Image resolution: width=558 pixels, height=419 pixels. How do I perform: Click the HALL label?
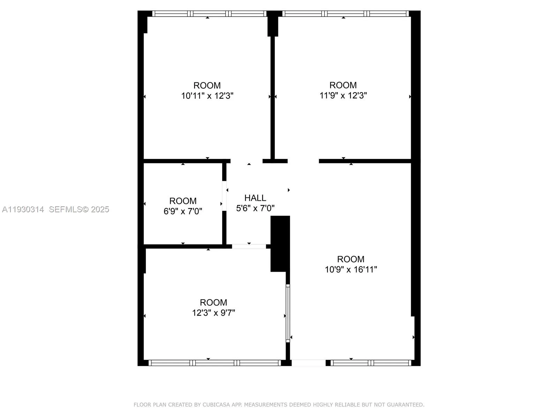tap(255, 198)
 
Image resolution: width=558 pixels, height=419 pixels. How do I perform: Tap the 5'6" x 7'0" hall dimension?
tap(255, 208)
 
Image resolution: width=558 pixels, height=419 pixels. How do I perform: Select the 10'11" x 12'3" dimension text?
tap(207, 96)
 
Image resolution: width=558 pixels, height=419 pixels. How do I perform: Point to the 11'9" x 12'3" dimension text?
tap(343, 95)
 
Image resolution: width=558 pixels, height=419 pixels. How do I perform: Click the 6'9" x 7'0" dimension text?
tap(183, 211)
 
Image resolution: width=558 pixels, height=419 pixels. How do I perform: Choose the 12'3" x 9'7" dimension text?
tap(213, 313)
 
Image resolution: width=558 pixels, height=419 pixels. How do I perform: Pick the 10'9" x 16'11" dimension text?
tap(351, 269)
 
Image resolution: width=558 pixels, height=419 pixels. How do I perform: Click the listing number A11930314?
tap(23, 209)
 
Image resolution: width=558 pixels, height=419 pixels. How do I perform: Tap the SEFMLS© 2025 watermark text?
tap(79, 209)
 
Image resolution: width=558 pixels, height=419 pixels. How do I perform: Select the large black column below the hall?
tap(280, 243)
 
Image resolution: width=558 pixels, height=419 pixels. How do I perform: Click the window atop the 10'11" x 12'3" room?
tap(210, 14)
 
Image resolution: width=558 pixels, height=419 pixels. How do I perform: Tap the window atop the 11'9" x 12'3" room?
tap(345, 14)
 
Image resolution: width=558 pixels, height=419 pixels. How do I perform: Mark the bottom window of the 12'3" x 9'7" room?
tap(214, 363)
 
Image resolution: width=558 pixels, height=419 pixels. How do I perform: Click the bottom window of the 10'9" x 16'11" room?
tap(371, 363)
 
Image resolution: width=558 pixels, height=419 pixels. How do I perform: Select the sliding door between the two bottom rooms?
tap(288, 313)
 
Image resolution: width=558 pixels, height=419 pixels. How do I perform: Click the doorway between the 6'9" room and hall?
tap(224, 196)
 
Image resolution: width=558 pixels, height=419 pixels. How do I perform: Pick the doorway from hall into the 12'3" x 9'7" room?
tap(249, 247)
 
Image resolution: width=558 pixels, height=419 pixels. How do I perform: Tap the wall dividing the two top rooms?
tap(273, 98)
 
